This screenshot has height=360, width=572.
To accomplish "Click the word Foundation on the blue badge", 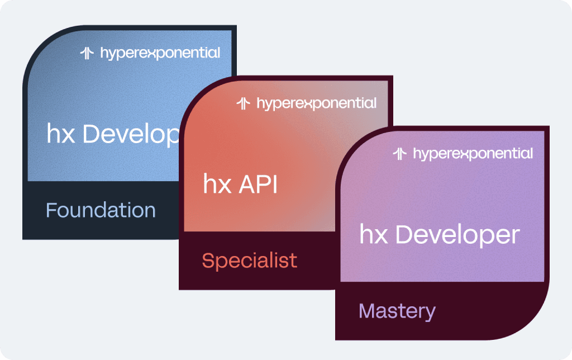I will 101,211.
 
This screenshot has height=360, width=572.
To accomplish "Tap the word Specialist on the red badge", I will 249,260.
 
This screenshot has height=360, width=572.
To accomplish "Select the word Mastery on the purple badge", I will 397,311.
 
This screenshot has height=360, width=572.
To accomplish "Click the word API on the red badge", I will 258,185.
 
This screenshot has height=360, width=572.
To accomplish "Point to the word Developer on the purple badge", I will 457,235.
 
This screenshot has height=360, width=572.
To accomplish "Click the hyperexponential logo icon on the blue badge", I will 87,53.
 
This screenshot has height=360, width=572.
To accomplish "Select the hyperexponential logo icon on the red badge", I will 243,103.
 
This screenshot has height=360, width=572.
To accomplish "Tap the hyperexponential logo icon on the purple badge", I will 399,153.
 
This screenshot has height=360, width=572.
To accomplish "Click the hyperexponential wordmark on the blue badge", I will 160,54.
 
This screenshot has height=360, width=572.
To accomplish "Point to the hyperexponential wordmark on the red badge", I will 316,104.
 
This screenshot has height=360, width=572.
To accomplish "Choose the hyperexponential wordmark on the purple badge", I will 473,154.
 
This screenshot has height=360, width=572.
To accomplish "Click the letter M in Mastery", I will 366,311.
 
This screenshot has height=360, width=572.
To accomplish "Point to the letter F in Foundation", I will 51,211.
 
